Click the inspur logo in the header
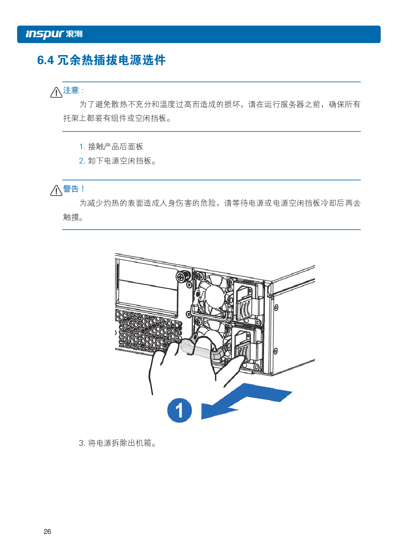(x=45, y=34)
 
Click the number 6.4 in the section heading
(x=46, y=60)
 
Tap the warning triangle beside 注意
(x=56, y=92)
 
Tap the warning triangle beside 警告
(x=56, y=190)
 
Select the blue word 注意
(x=71, y=90)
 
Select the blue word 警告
(x=71, y=189)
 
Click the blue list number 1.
(x=82, y=147)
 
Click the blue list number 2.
(x=82, y=161)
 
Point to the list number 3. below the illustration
(x=82, y=443)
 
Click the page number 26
(x=47, y=531)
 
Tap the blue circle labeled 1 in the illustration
(x=179, y=410)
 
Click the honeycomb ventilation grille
(x=146, y=330)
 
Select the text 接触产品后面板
(x=115, y=147)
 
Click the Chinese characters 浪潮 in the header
(x=74, y=34)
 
